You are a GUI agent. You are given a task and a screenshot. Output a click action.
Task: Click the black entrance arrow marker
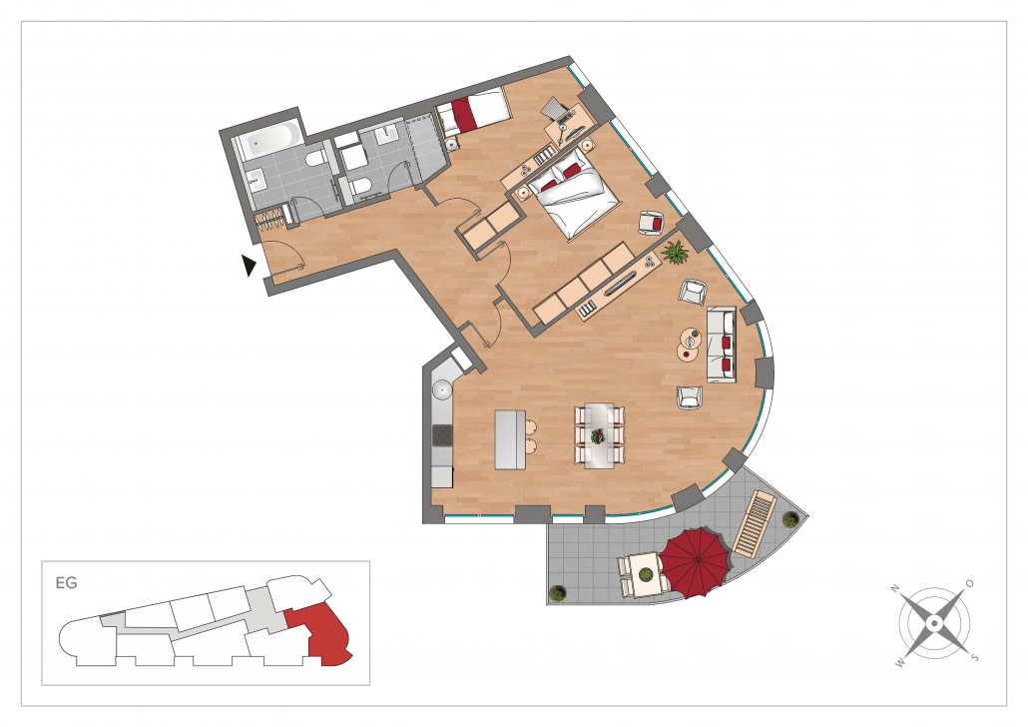coord(249,265)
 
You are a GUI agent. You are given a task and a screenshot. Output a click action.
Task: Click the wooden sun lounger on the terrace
coord(755,523)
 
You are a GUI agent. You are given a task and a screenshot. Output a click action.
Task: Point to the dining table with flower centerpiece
coord(599,435)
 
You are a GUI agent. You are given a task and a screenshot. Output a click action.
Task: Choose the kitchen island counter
coord(510,439)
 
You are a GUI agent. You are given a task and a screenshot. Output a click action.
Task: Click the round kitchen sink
coord(443,389)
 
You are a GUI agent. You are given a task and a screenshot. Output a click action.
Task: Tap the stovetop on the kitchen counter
coord(442,435)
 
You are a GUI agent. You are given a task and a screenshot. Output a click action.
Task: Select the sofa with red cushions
coord(722,344)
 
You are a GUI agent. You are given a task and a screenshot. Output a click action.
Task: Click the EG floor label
coord(66,582)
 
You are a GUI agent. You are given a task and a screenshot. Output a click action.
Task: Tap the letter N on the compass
coord(894,589)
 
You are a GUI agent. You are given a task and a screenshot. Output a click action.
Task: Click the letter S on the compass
coord(975,657)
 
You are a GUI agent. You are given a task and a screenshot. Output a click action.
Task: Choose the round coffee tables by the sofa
coord(689,344)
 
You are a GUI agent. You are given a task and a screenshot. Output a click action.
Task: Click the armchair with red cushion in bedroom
coord(652,223)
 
